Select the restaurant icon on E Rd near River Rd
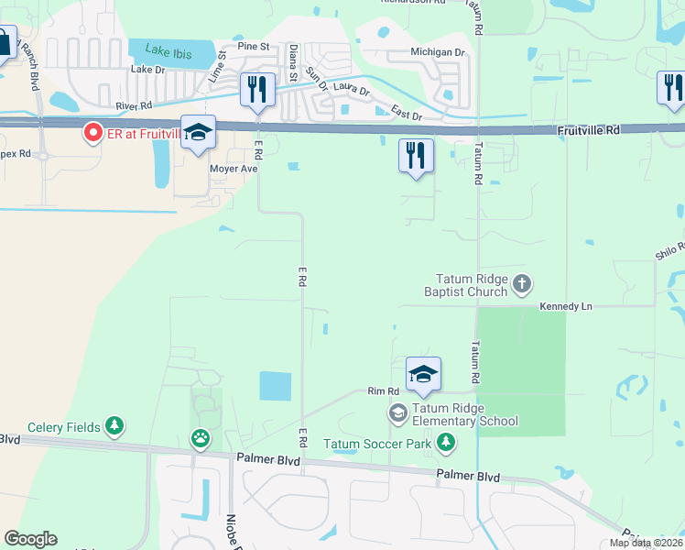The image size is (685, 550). pos(257,90)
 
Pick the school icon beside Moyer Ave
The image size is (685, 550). pos(198,134)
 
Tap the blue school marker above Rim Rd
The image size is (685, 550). pos(423,374)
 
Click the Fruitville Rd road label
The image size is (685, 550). pos(589,131)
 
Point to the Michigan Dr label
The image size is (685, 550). pos(438,52)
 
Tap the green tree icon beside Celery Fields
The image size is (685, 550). pos(114,426)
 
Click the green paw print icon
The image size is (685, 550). pos(200,439)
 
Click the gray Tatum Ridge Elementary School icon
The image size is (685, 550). pos(397,413)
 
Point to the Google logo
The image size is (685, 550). pos(30,539)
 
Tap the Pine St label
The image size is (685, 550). pos(254,46)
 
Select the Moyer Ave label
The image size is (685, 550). pos(234,169)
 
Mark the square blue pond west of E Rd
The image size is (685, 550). pos(275,386)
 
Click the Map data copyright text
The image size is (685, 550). pos(645,543)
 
